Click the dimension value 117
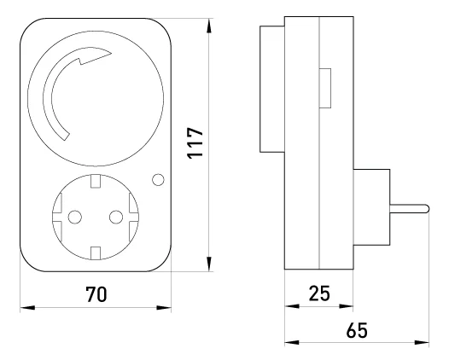(195, 142)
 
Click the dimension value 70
(96, 294)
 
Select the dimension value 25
(319, 293)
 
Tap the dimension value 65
(357, 330)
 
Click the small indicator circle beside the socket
(158, 180)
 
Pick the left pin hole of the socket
(75, 218)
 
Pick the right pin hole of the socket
(116, 218)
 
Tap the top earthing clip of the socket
(96, 181)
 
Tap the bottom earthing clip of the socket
(96, 253)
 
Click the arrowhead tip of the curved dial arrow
(111, 53)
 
